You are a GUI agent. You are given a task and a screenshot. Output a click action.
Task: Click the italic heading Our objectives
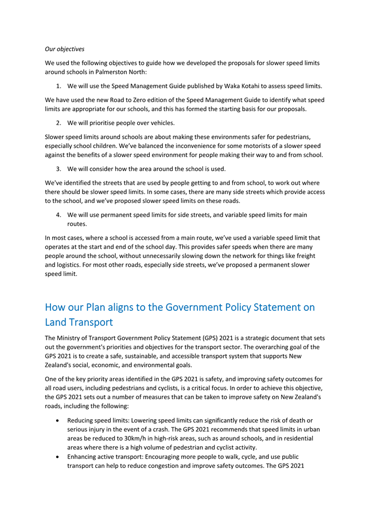point(64,49)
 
